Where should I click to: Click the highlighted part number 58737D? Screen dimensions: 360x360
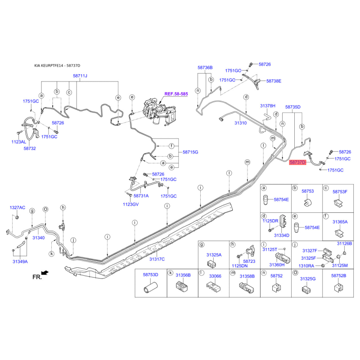[x=297, y=162]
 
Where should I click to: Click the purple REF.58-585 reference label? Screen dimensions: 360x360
[x=176, y=94]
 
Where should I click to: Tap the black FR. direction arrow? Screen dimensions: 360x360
[x=45, y=273]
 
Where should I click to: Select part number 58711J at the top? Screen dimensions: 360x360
[x=80, y=76]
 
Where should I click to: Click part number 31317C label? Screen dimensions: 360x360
[x=157, y=259]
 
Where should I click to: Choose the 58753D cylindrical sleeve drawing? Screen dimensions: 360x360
[x=150, y=288]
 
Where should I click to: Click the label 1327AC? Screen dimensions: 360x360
[x=18, y=207]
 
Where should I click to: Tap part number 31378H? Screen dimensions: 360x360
[x=268, y=106]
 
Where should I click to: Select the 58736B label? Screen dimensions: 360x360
[x=205, y=67]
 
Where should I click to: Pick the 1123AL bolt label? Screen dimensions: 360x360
[x=19, y=142]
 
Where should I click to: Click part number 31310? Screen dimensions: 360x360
[x=241, y=123]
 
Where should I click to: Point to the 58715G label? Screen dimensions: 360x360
[x=190, y=152]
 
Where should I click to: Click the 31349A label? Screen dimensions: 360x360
[x=20, y=261]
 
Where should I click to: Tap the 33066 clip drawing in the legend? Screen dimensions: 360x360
[x=213, y=288]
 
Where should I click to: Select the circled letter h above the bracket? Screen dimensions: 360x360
[x=63, y=207]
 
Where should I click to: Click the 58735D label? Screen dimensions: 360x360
[x=293, y=107]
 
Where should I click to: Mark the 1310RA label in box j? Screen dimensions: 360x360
[x=306, y=266]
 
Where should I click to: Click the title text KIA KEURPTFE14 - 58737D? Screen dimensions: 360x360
[x=57, y=66]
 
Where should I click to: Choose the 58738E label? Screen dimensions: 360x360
[x=274, y=81]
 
